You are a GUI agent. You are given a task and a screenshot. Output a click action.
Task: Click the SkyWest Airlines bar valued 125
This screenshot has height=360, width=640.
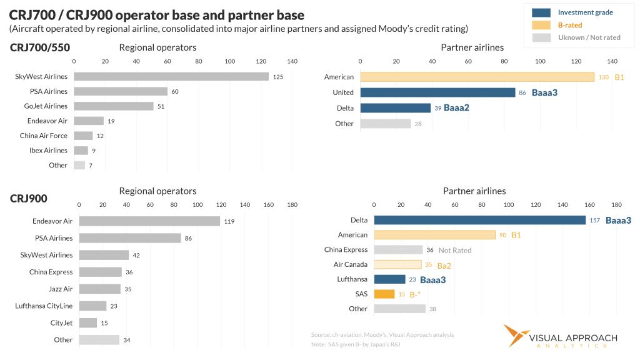(x=171, y=76)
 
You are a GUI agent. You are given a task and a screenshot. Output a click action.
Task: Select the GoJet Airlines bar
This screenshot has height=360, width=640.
(x=114, y=106)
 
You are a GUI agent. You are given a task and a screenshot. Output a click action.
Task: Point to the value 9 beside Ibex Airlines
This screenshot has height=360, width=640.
(x=94, y=151)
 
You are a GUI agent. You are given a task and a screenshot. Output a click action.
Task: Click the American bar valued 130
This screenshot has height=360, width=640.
(x=477, y=77)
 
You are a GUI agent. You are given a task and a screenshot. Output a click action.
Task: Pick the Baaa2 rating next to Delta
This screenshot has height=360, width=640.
(x=456, y=108)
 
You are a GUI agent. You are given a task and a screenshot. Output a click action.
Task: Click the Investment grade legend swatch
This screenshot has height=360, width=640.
(x=541, y=12)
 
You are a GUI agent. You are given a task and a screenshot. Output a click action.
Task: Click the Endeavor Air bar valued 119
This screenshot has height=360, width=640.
(x=149, y=221)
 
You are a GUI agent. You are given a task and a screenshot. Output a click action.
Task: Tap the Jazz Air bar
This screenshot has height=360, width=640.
(x=99, y=289)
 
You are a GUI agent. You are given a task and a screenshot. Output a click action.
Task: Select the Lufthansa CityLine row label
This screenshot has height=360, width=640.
(x=44, y=306)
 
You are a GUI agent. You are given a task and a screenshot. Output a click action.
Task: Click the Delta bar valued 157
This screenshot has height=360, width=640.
(x=479, y=220)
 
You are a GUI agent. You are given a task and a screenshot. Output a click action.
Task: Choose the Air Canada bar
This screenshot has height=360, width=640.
(x=397, y=264)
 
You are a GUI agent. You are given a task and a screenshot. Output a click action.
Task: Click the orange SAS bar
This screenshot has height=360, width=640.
(x=384, y=294)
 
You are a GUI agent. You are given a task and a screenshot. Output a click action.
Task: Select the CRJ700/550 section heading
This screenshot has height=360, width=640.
(x=40, y=47)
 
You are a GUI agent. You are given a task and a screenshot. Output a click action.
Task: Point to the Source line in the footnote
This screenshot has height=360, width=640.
(x=382, y=335)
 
